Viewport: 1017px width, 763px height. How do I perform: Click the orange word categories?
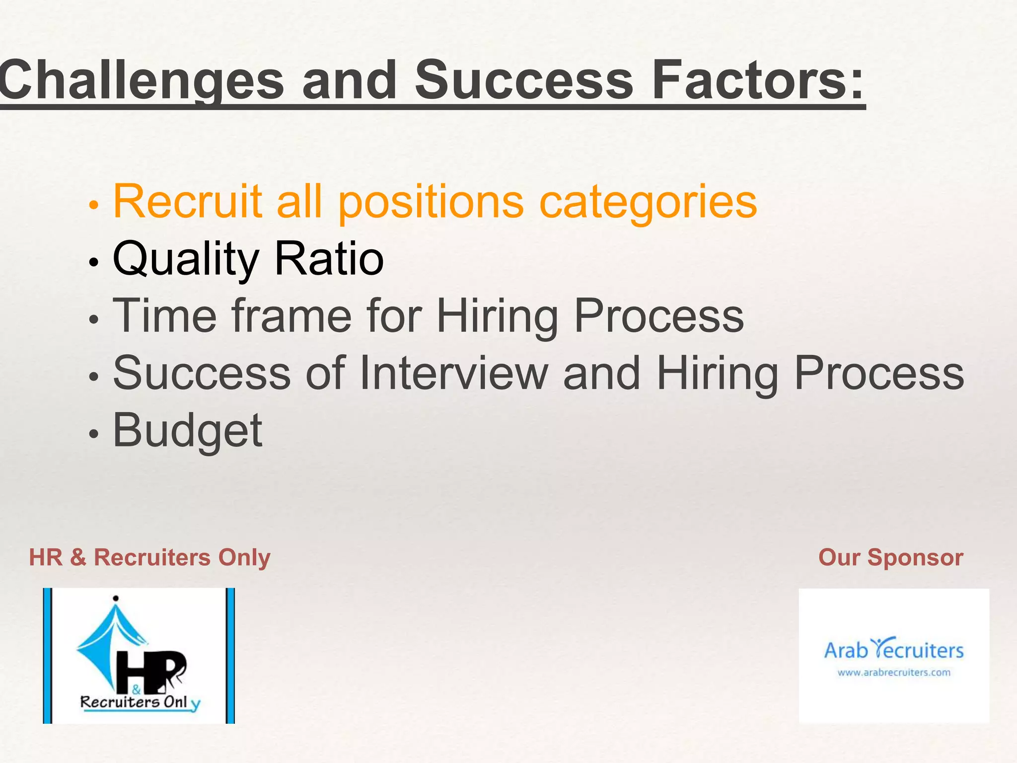[648, 203]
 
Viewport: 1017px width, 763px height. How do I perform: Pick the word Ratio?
[329, 259]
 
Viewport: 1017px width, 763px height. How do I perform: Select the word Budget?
[188, 431]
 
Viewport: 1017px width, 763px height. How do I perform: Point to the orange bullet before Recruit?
[93, 205]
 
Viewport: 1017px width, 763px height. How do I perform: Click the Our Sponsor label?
[890, 557]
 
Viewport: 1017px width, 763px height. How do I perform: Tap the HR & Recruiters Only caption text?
[149, 557]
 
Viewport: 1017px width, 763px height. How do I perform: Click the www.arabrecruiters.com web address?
[894, 673]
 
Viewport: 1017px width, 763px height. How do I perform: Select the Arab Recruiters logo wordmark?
[894, 649]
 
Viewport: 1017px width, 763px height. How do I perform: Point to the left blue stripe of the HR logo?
[48, 655]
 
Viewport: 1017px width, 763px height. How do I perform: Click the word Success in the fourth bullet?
[202, 373]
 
